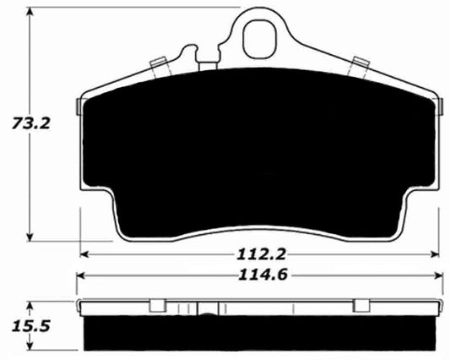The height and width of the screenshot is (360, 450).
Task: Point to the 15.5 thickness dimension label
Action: (x=28, y=325)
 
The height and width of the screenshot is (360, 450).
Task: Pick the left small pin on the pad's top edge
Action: (x=156, y=64)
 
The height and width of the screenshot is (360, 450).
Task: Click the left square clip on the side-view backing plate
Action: (x=156, y=305)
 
